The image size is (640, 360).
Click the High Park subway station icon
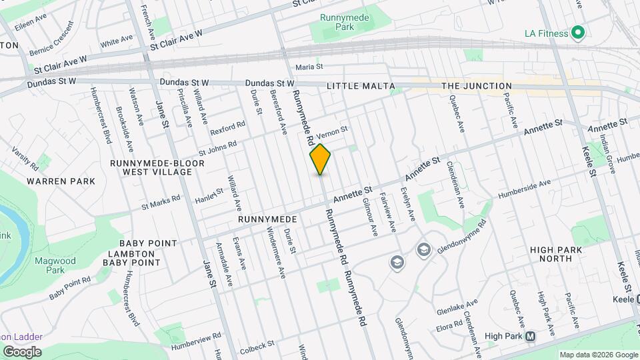[531, 337]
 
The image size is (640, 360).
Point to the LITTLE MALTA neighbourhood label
[361, 86]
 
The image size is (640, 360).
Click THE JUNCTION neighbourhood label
[477, 86]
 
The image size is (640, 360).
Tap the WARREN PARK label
[61, 181]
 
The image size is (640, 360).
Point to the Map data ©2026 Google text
[598, 355]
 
